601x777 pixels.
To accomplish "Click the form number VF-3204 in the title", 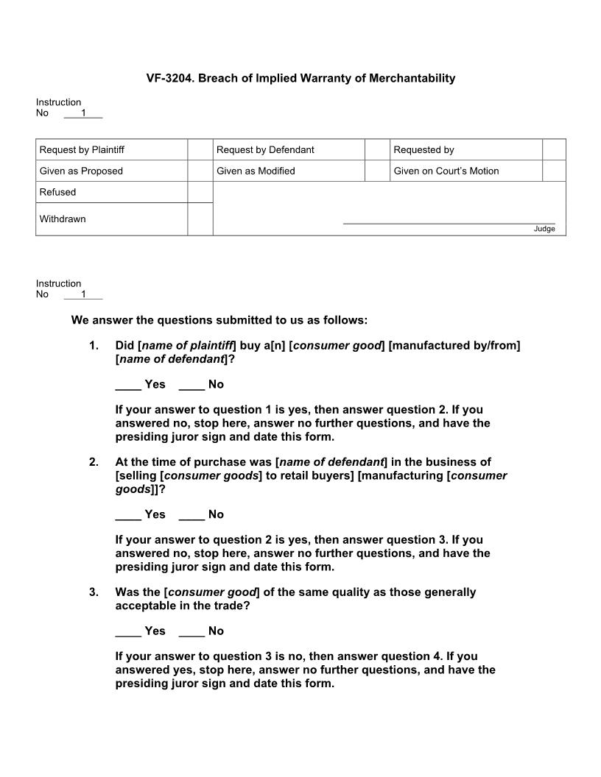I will (170, 78).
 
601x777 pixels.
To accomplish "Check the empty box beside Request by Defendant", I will (376, 150).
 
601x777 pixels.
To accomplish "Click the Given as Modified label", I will (256, 171).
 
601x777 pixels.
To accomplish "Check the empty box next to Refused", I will (200, 192).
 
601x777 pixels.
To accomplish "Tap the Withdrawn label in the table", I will (63, 219).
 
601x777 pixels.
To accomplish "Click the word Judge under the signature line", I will (544, 230).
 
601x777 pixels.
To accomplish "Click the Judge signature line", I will (449, 223).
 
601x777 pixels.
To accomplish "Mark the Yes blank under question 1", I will (128, 385).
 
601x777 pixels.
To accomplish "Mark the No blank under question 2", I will (191, 515).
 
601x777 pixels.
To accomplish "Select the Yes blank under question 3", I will (128, 631).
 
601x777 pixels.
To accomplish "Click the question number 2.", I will (94, 462).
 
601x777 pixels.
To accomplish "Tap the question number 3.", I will (94, 592).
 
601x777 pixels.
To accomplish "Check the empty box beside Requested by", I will (554, 150).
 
